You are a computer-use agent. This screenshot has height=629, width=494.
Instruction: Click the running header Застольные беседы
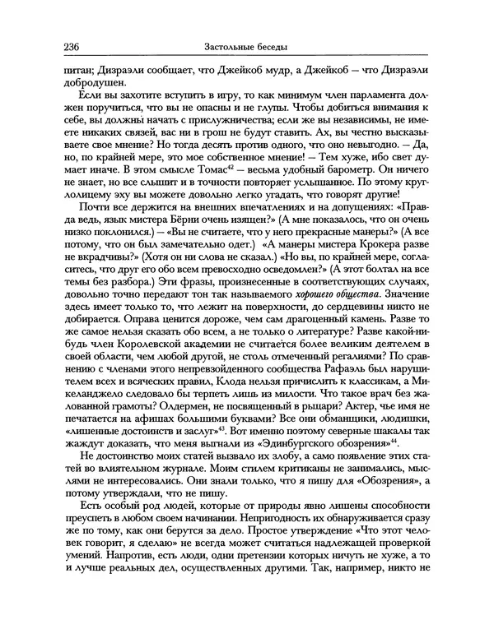(x=246, y=45)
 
